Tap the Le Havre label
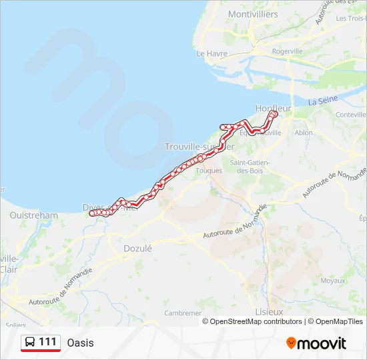(212, 53)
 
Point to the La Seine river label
(323, 101)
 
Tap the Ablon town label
(303, 133)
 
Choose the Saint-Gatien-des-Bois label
(248, 166)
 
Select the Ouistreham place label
(34, 215)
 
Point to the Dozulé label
(138, 248)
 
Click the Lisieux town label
(269, 311)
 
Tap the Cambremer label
(183, 313)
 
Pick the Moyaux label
(332, 281)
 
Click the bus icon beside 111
(30, 343)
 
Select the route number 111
(47, 342)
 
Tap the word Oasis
(80, 343)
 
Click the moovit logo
(316, 343)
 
